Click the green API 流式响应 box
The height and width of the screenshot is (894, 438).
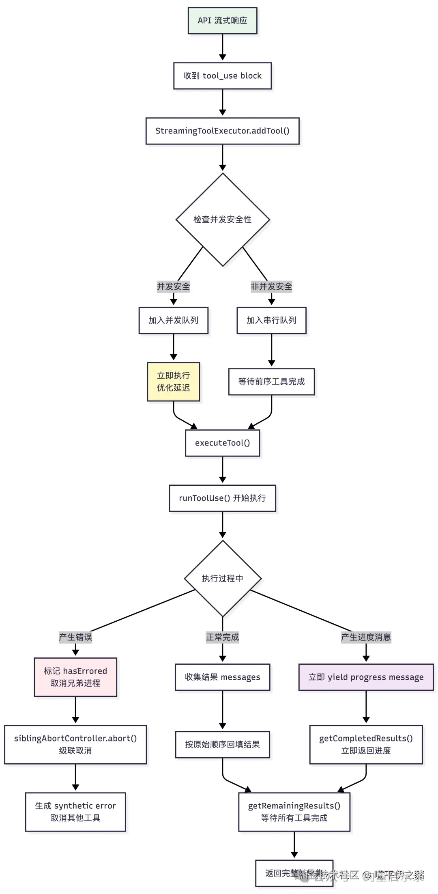[222, 21]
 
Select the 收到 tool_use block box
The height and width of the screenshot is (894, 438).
[222, 76]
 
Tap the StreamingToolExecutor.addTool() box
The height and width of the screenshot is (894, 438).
[222, 131]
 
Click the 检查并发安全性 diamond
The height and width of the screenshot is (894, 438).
[222, 220]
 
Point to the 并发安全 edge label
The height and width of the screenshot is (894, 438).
[173, 287]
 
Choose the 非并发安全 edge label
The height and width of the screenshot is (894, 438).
[271, 287]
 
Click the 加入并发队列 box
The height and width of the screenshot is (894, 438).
[173, 321]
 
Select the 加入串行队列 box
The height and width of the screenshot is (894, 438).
[271, 321]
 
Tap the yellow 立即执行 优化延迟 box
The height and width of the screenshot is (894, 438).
[173, 382]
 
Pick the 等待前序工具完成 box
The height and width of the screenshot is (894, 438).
[271, 382]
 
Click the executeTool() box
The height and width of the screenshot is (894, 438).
[222, 443]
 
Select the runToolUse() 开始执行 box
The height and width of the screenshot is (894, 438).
[222, 498]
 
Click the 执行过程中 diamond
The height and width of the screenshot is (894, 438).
[222, 579]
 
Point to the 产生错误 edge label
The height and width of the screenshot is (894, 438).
[75, 637]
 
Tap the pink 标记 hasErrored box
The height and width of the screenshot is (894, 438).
[75, 677]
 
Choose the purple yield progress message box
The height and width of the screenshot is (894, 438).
[366, 677]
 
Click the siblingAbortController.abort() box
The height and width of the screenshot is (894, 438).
[75, 744]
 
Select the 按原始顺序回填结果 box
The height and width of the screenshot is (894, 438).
[222, 744]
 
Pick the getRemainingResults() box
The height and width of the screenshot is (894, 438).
[294, 812]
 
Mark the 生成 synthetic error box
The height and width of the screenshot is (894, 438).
[75, 812]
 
